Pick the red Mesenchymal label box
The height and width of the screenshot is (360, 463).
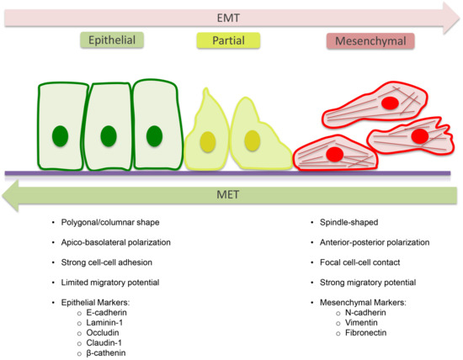coord(365,40)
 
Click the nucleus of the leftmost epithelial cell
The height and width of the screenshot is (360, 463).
coord(61,135)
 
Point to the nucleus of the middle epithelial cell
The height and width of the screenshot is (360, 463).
coord(107,135)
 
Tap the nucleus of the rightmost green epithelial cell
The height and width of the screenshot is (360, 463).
coord(153,135)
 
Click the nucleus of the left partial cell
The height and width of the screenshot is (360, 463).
coord(206,140)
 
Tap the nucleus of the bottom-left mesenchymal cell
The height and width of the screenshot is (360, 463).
coord(334,153)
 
